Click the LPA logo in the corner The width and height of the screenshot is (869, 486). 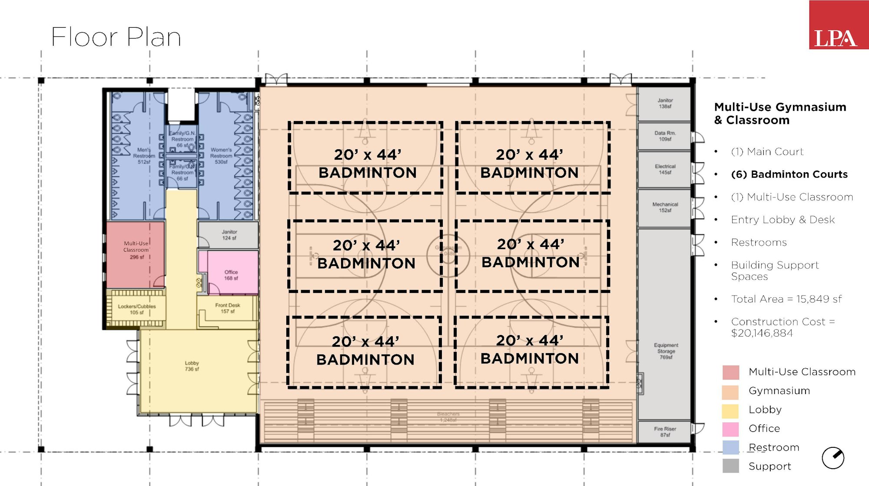tap(838, 25)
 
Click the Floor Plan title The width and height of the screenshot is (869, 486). tap(116, 37)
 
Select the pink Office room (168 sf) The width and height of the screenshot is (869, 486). tap(231, 275)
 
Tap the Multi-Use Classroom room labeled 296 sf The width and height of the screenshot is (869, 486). tap(136, 251)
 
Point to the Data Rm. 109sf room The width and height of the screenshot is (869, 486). tap(664, 136)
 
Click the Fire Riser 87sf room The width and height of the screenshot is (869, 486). tap(664, 431)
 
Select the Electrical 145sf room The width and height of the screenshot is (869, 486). tap(664, 169)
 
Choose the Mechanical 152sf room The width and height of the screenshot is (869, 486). tap(664, 207)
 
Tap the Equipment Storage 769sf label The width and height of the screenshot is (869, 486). tap(666, 351)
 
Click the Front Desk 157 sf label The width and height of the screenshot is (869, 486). tap(227, 308)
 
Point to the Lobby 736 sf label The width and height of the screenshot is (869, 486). tap(192, 366)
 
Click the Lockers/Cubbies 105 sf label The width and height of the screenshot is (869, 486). tap(136, 309)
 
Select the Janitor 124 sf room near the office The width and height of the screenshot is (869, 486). tap(229, 235)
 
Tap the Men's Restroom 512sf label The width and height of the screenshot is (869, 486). tap(144, 156)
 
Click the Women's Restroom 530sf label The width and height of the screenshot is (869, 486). tap(221, 156)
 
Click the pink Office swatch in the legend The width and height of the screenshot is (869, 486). tap(730, 429)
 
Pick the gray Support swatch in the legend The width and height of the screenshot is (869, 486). tap(730, 466)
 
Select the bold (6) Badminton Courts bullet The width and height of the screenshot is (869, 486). tap(789, 174)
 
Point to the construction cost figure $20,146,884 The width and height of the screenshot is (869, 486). tap(762, 333)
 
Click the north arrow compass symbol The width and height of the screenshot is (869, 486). tap(833, 458)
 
